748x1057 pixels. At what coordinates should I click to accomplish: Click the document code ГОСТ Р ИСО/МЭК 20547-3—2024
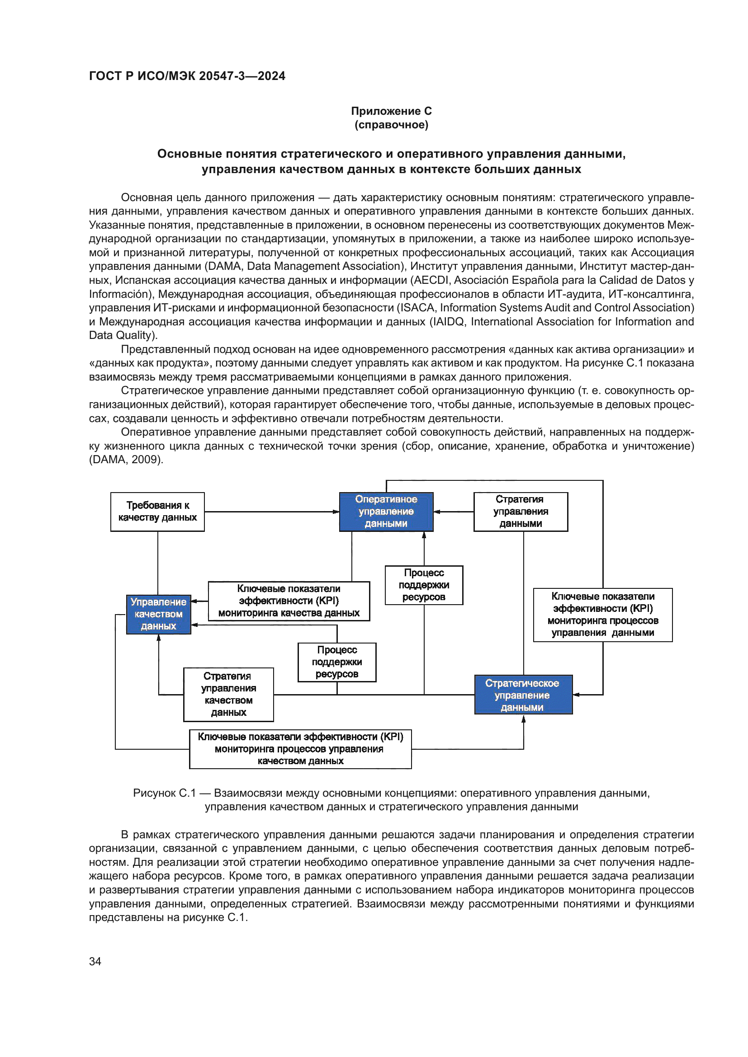(x=187, y=76)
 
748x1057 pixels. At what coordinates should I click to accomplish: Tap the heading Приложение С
(x=391, y=111)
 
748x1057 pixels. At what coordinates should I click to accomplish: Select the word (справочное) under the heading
(x=391, y=125)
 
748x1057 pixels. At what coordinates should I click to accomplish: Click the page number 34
(x=95, y=961)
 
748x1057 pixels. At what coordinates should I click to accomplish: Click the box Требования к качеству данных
(x=157, y=512)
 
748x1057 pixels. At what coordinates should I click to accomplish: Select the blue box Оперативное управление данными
(x=386, y=512)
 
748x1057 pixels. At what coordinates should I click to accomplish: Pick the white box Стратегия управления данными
(x=521, y=512)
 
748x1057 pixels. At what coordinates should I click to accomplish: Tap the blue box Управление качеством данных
(x=158, y=614)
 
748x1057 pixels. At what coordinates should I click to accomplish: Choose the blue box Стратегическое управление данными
(x=523, y=695)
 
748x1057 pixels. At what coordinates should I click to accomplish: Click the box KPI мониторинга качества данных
(x=289, y=601)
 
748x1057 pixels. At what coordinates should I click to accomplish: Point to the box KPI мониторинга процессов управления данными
(x=602, y=615)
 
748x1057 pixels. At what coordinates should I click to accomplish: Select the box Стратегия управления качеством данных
(x=228, y=694)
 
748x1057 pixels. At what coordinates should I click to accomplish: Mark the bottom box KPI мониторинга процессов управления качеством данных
(x=300, y=749)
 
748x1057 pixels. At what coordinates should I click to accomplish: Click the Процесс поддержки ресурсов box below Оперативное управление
(x=424, y=585)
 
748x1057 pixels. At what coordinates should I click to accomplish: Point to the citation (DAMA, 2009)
(x=126, y=460)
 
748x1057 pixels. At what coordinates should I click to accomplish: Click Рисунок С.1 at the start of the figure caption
(x=165, y=793)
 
